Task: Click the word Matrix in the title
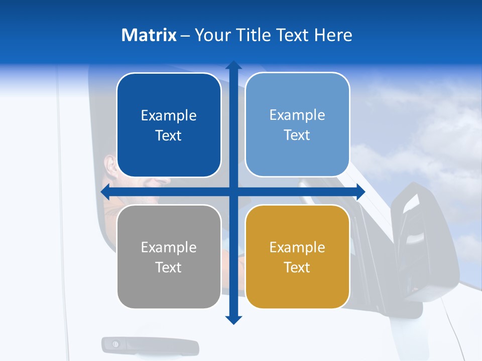coord(149,35)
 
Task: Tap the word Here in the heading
coord(333,35)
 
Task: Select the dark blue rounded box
coord(169,125)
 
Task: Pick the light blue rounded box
coord(297,125)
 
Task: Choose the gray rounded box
coord(169,257)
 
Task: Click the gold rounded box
coord(297,257)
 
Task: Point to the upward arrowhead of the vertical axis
coord(233,65)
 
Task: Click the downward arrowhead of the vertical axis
coord(233,320)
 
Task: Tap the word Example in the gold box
coord(297,247)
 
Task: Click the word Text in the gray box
coord(169,267)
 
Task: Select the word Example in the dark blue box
coord(169,115)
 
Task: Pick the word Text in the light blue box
coord(297,135)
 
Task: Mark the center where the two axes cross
coord(233,192)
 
